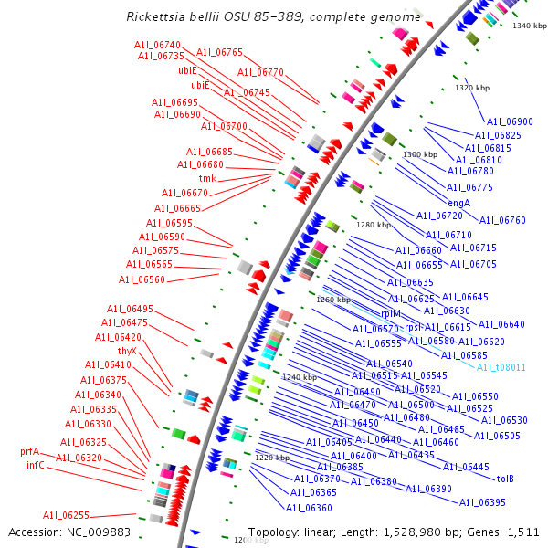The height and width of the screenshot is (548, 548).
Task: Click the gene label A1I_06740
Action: pos(157,45)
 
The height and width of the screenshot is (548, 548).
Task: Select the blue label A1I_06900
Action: pos(510,121)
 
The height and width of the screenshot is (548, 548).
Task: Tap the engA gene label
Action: pos(458,203)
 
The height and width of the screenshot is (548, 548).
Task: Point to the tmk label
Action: pos(207,179)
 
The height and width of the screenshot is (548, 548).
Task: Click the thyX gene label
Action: pos(127,351)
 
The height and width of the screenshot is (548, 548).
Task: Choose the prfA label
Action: pos(30,451)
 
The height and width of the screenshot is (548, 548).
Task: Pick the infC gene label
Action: pos(36,465)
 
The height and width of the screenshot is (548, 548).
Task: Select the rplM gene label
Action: pos(390,313)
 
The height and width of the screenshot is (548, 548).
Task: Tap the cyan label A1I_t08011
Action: pos(501,367)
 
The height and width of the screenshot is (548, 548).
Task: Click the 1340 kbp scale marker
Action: pos(529,26)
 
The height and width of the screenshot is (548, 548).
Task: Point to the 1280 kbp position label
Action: pos(373,225)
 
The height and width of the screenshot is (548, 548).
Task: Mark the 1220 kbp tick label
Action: pos(271,458)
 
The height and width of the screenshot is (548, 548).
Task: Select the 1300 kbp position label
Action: pos(420,155)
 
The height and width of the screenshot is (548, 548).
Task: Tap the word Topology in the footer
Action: pos(273,532)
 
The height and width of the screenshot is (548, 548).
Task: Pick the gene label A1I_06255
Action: pos(66,515)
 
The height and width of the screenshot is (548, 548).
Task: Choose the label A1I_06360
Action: pos(309,508)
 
